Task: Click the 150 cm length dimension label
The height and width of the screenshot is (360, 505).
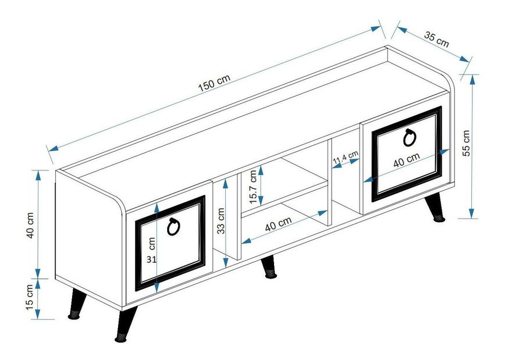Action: click(x=214, y=83)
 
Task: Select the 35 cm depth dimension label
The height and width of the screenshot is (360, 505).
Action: click(x=436, y=40)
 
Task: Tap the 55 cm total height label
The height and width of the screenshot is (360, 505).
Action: click(x=466, y=142)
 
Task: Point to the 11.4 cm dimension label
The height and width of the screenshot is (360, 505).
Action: click(x=345, y=157)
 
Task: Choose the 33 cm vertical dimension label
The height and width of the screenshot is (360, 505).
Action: click(x=221, y=221)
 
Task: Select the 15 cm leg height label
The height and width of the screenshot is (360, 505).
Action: click(x=30, y=297)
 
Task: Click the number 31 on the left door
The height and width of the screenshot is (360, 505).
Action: click(x=151, y=259)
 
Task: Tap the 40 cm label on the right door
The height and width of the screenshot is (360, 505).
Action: click(x=407, y=159)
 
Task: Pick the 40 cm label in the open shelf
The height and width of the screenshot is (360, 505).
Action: click(x=278, y=224)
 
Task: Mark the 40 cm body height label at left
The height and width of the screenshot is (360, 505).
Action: click(x=30, y=225)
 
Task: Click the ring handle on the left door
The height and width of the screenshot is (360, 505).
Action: click(x=173, y=227)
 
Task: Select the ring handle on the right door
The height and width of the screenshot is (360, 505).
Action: click(x=410, y=137)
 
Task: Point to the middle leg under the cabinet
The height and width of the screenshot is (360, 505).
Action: click(x=269, y=267)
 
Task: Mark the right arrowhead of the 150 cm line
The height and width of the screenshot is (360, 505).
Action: click(x=376, y=28)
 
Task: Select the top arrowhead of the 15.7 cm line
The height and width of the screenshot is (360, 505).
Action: click(x=261, y=169)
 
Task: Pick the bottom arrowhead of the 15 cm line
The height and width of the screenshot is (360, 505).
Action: click(x=38, y=314)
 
